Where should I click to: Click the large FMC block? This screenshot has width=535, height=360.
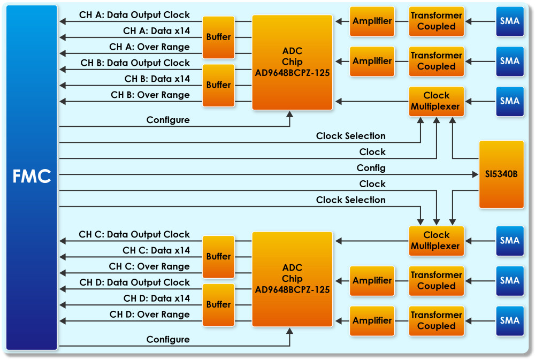click(32, 177)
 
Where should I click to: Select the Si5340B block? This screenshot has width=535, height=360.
click(501, 174)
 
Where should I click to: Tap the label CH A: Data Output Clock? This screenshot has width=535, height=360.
click(134, 15)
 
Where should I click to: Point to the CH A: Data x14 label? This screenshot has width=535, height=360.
click(156, 31)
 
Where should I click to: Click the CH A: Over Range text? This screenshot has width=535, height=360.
click(149, 47)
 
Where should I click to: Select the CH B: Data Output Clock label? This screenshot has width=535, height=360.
click(135, 63)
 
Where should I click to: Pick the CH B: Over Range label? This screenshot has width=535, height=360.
click(150, 95)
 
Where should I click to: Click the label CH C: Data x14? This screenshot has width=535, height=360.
click(156, 250)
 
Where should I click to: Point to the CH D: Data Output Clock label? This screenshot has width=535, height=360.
click(134, 282)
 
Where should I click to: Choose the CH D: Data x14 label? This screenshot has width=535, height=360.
click(156, 298)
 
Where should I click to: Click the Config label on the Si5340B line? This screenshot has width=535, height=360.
click(371, 168)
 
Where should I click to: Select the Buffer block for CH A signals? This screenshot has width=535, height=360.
click(218, 37)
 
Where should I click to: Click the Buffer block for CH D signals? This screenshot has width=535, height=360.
click(218, 304)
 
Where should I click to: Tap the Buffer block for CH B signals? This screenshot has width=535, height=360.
click(218, 85)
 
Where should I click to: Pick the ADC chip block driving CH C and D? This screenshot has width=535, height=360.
click(292, 279)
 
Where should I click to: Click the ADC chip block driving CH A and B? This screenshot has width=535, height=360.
click(292, 62)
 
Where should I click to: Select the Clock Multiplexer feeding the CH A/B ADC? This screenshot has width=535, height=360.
click(436, 101)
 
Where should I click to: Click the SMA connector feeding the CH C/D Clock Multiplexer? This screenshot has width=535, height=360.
click(509, 241)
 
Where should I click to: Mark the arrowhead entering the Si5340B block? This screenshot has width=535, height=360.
click(475, 174)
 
